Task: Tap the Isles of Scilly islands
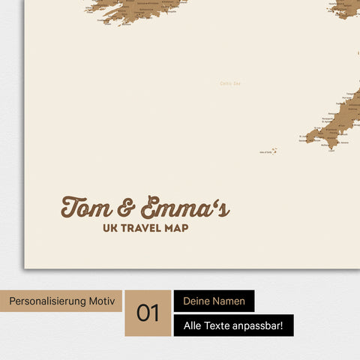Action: [x=274, y=151]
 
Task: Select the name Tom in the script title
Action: [x=86, y=208]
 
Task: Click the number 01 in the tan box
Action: [x=148, y=313]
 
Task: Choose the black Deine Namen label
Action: [x=214, y=301]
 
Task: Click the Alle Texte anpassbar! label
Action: [x=233, y=325]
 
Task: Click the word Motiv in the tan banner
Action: [x=102, y=301]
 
